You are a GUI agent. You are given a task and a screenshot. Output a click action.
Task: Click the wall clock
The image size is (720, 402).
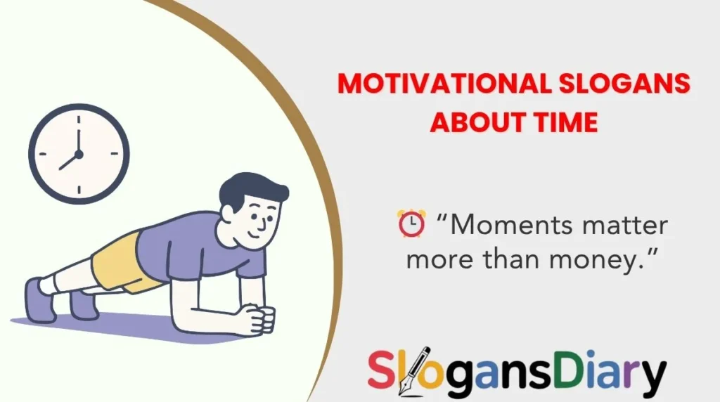tap(79, 154)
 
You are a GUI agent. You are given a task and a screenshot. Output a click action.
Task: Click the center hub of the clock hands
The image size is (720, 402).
tap(79, 154)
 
